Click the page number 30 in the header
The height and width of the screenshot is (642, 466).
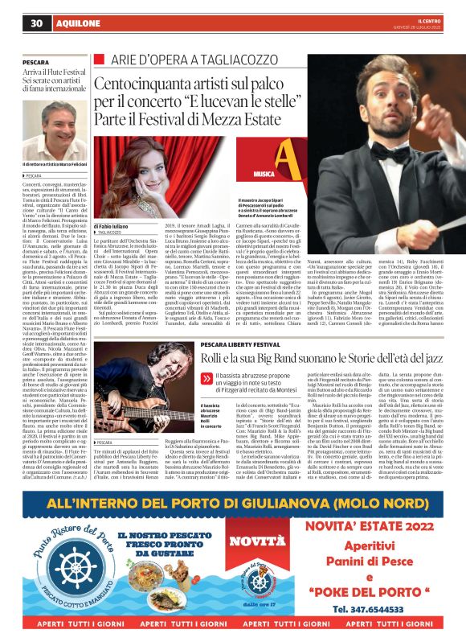point(36,23)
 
